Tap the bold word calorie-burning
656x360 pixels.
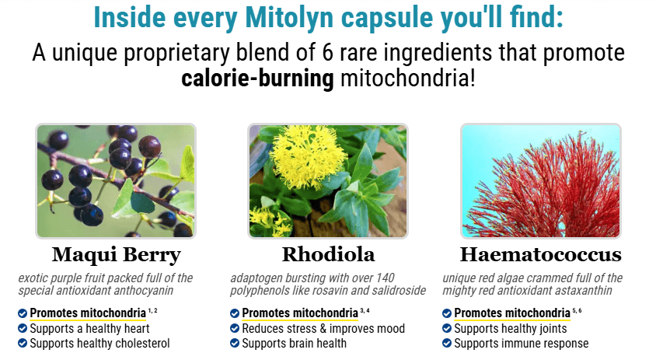(x=257, y=79)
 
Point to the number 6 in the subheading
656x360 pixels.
(x=327, y=53)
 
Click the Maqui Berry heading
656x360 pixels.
(x=117, y=255)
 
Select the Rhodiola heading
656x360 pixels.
(x=329, y=254)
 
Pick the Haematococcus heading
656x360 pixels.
(x=541, y=254)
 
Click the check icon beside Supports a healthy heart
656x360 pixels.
(x=23, y=328)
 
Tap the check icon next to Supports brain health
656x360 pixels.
(x=235, y=343)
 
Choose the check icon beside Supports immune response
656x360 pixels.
(x=447, y=343)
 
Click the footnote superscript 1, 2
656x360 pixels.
(x=152, y=310)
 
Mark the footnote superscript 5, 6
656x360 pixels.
(x=577, y=310)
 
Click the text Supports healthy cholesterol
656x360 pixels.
(x=99, y=344)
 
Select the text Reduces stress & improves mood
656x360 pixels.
(x=323, y=329)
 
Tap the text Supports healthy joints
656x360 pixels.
(x=511, y=329)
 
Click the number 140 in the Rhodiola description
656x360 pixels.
(x=386, y=278)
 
